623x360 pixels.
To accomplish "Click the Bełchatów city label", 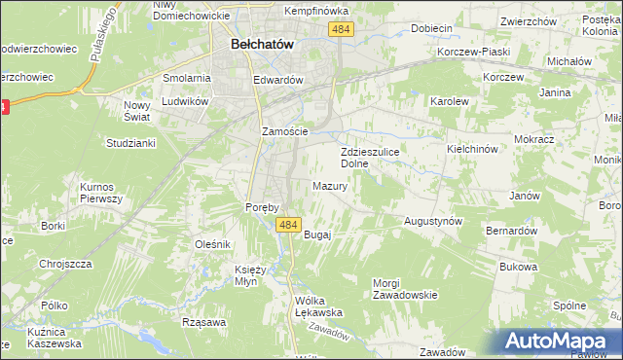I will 263,45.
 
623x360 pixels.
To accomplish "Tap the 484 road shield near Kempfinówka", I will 341,31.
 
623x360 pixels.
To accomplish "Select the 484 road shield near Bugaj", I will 286,225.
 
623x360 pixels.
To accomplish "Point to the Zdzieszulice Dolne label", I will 367,158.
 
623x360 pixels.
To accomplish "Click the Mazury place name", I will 330,186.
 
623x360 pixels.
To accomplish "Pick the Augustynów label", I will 433,222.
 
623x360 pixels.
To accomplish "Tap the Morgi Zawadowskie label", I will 405,288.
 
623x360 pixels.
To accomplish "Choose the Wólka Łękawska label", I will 321,306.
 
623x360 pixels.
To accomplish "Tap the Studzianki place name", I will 130,143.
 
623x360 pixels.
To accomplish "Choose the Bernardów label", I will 512,232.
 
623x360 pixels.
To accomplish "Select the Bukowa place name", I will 518,267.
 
